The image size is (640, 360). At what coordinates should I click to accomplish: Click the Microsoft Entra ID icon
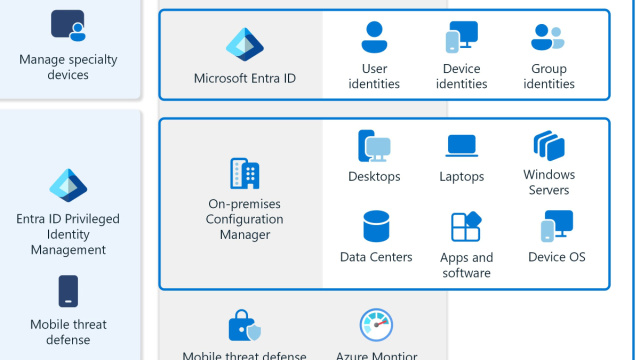(244, 45)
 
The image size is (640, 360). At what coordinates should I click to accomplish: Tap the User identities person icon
(374, 38)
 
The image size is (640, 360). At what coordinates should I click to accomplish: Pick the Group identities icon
(548, 38)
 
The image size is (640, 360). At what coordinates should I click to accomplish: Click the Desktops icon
(374, 147)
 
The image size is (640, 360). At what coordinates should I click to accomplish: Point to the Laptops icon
(461, 146)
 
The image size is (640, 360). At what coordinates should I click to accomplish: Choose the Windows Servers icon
(549, 146)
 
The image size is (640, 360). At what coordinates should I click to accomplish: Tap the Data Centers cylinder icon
(376, 227)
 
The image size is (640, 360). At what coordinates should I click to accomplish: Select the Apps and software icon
(466, 227)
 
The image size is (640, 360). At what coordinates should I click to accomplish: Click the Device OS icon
(556, 227)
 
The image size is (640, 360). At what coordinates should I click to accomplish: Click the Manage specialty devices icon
(68, 25)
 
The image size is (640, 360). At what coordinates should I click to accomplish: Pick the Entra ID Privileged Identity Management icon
(68, 187)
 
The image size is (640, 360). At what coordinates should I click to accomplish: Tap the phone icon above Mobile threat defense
(68, 292)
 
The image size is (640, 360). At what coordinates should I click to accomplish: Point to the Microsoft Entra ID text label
(244, 78)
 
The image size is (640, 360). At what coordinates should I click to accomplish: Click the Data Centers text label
(376, 257)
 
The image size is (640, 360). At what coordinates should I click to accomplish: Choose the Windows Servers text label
(549, 183)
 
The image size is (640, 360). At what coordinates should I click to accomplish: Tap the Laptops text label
(461, 177)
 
